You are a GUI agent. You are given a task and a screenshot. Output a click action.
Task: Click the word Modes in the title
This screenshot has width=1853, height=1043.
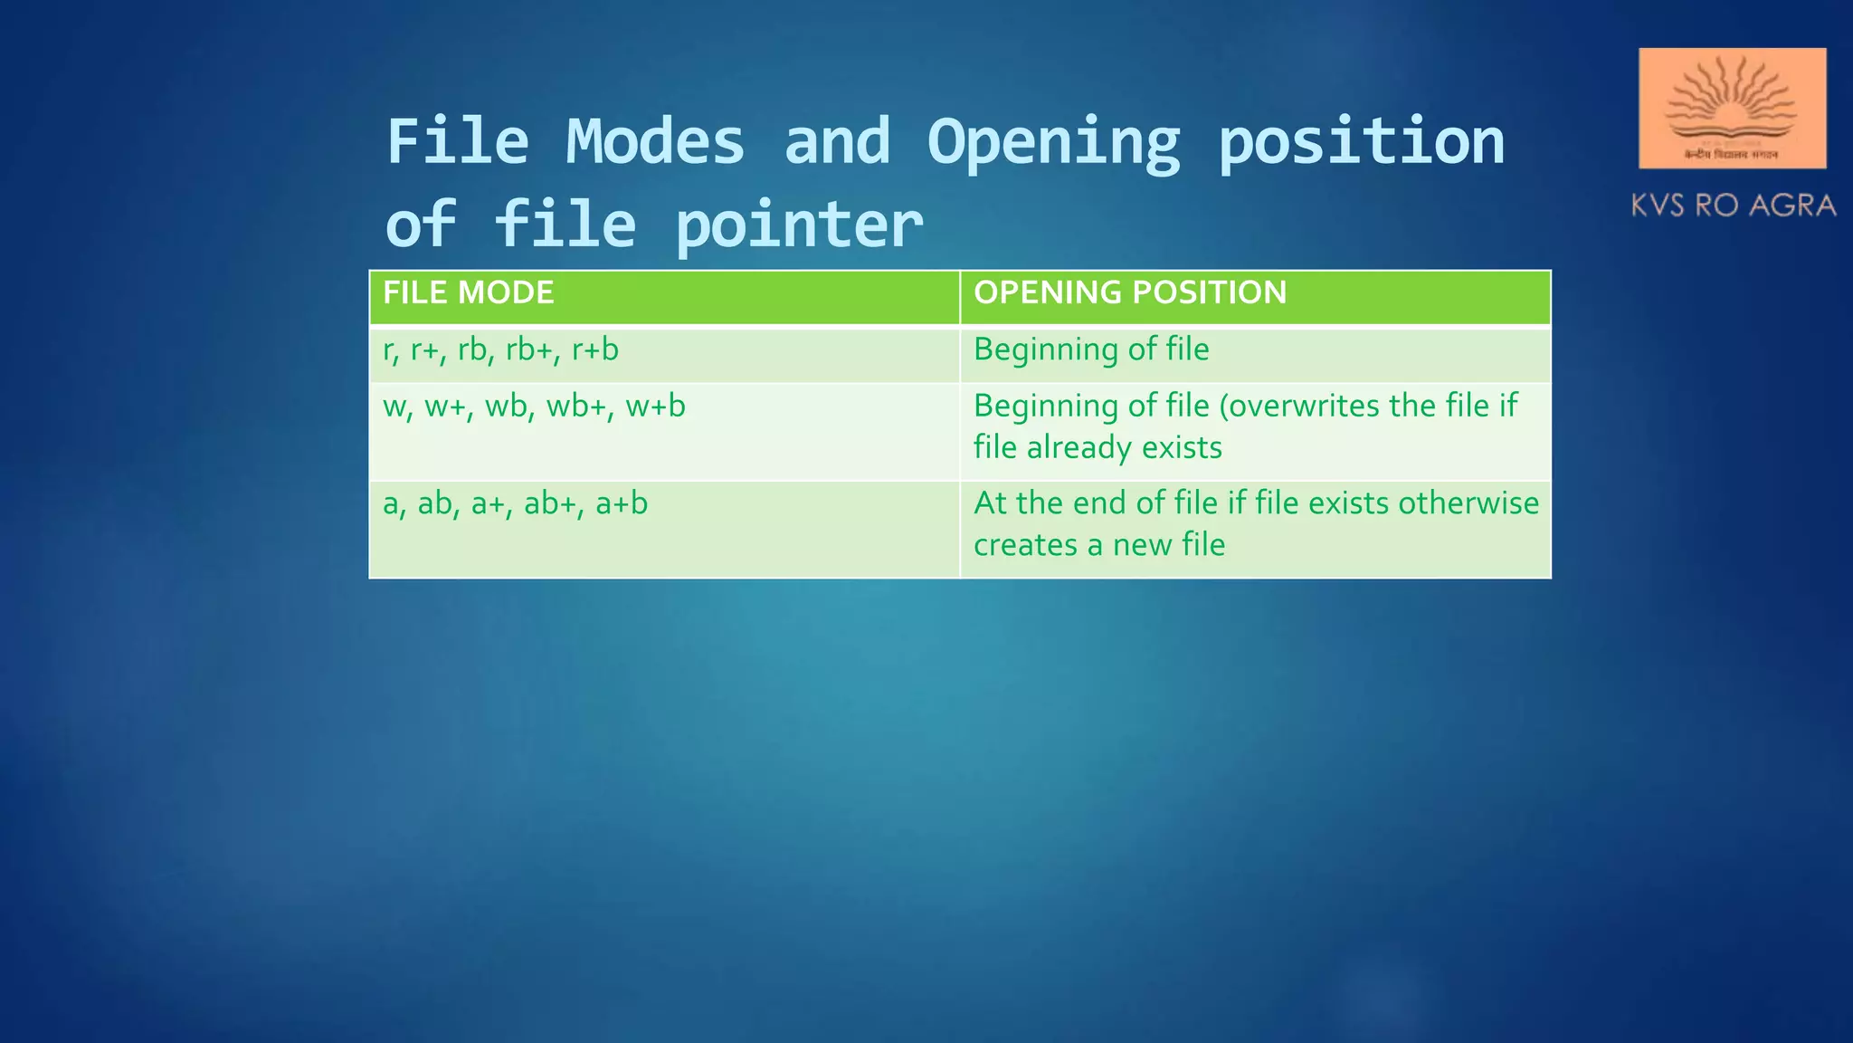tap(655, 142)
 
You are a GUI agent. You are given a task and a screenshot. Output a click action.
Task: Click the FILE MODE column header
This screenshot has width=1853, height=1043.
tap(469, 293)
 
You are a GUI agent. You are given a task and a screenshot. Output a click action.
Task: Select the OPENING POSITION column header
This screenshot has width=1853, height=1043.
tap(1130, 293)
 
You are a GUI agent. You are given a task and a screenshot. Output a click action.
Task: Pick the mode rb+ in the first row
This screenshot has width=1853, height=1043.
tap(529, 349)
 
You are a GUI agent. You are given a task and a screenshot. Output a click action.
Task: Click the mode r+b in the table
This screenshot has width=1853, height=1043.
tap(595, 349)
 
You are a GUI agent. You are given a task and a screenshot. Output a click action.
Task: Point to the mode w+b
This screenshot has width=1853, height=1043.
tap(656, 407)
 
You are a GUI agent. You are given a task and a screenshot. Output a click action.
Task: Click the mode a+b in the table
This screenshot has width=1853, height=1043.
tap(622, 503)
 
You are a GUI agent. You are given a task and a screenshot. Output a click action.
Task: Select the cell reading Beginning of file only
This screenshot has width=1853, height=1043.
tap(1091, 349)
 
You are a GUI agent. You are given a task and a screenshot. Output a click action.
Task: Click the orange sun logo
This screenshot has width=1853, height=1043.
tap(1732, 108)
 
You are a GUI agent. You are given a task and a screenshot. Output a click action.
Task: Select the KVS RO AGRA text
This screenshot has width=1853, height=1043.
tap(1733, 206)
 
